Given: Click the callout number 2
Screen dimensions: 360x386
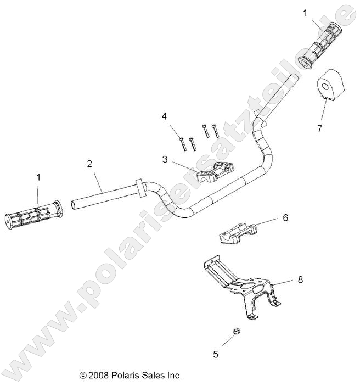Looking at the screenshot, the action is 89,163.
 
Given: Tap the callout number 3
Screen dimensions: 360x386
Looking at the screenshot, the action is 165,159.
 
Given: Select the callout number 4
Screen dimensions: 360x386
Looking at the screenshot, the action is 164,116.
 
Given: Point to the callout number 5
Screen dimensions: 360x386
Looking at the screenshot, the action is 216,354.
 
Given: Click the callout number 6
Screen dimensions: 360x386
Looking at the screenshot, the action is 285,218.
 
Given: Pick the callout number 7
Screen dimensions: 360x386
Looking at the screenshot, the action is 319,128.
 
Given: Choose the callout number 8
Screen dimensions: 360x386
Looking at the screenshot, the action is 300,279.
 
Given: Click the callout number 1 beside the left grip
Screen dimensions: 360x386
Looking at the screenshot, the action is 38,177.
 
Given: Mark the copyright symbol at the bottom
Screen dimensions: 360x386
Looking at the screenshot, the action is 83,376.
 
